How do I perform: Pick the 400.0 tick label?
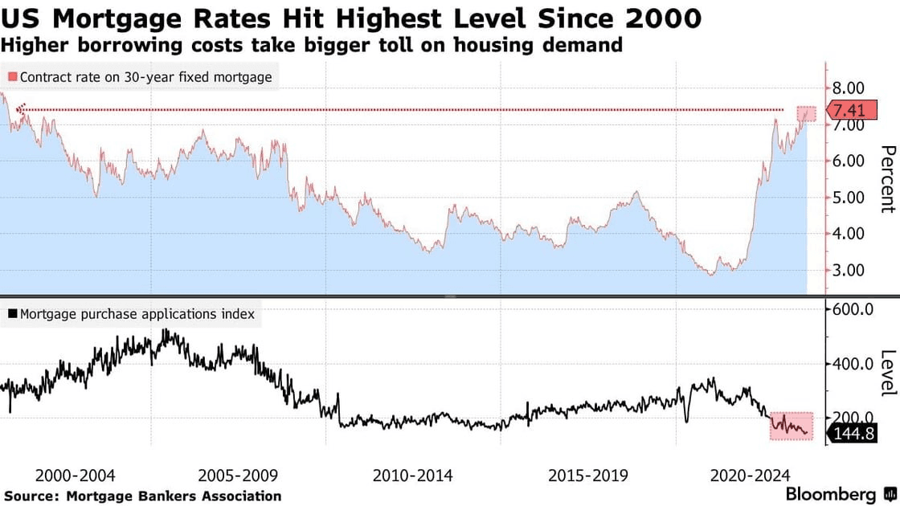pos(854,364)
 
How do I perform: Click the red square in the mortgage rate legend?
pos(12,78)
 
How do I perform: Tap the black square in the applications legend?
pos(12,314)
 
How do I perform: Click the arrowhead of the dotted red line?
pos(22,108)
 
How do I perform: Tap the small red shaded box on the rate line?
pos(806,114)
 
